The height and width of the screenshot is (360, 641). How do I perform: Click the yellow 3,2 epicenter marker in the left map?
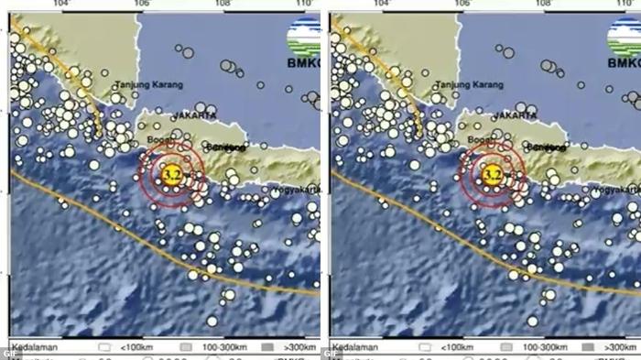click(x=170, y=173)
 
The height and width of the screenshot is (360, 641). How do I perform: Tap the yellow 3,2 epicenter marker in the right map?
click(x=492, y=173)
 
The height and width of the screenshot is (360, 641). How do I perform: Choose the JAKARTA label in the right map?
click(x=515, y=115)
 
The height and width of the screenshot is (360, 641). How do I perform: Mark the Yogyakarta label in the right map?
click(x=615, y=191)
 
